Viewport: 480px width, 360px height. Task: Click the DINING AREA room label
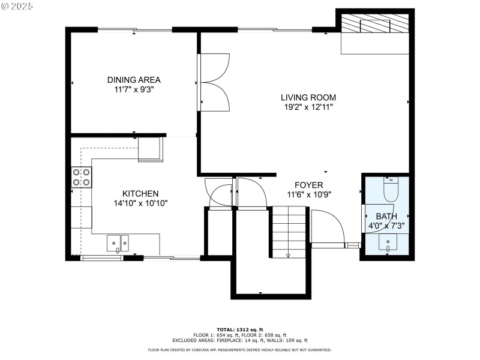(134, 80)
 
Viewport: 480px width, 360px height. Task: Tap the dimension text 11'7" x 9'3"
(134, 89)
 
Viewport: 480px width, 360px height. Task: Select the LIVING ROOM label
(308, 97)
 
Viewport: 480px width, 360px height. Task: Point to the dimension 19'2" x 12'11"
(308, 107)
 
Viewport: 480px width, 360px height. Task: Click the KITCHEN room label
(140, 193)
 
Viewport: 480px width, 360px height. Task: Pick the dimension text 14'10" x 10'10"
(140, 203)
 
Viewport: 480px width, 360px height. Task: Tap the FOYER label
(308, 185)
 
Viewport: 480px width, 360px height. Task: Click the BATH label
(386, 217)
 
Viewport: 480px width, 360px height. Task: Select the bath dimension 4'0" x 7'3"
(386, 226)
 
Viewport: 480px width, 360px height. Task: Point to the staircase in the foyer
(289, 231)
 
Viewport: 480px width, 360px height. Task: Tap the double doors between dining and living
(214, 81)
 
